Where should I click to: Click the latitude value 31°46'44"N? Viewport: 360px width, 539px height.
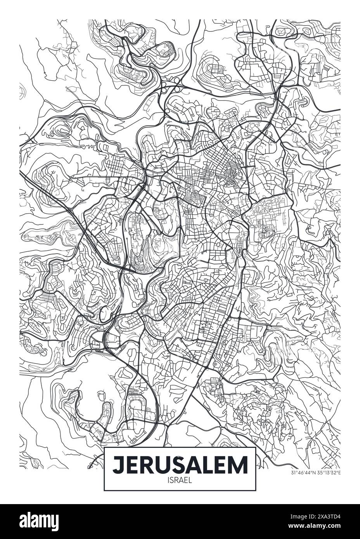pos(303,472)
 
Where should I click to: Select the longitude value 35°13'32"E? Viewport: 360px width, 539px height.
pos(328,472)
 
